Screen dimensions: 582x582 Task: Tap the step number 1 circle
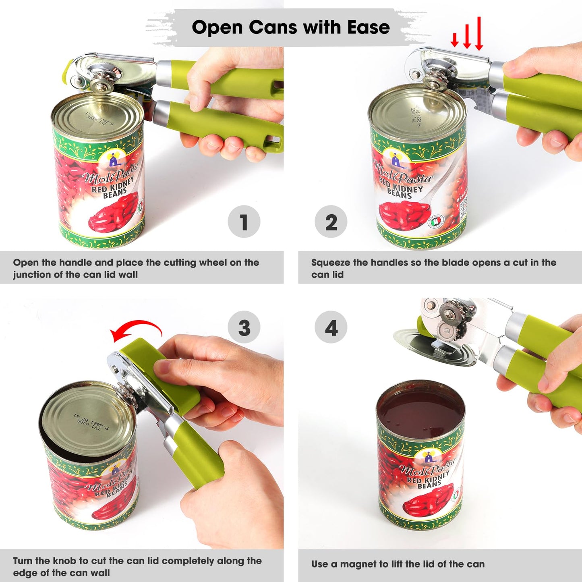pyautogui.click(x=244, y=222)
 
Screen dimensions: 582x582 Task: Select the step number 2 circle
pyautogui.click(x=331, y=222)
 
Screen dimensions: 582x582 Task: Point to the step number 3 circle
pyautogui.click(x=244, y=327)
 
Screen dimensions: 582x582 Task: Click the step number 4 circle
pyautogui.click(x=331, y=327)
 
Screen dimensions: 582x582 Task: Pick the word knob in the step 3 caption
pyautogui.click(x=64, y=561)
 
